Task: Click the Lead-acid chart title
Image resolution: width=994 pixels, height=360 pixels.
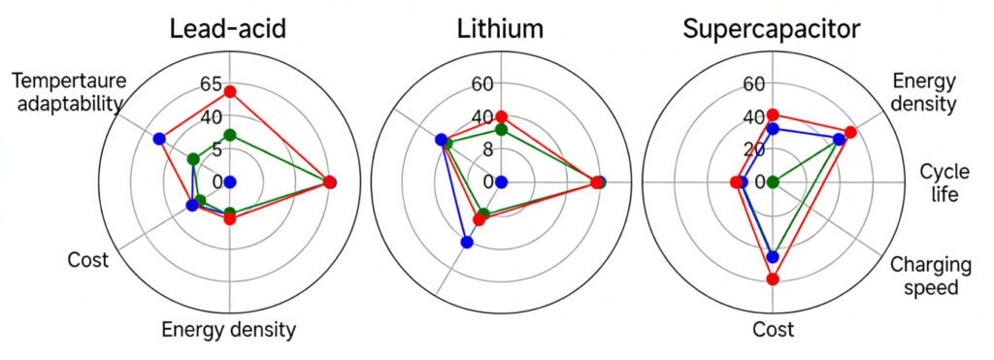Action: [228, 29]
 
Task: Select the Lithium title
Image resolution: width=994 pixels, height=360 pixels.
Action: [500, 29]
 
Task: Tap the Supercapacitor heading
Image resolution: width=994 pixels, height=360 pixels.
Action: [772, 29]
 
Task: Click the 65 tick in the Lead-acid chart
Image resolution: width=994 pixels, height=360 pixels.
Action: [211, 84]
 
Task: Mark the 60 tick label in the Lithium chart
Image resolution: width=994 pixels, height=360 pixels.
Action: [482, 84]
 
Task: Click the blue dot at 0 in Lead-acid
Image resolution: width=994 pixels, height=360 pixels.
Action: [230, 181]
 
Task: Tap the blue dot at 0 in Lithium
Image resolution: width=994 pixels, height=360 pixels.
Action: [501, 181]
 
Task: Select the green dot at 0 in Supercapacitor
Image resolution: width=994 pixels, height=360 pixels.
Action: [773, 181]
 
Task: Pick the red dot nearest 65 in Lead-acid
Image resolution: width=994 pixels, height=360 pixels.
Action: [230, 92]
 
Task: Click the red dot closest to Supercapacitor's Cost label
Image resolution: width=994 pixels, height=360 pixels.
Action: [773, 279]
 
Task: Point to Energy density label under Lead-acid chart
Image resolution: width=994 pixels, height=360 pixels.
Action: [228, 330]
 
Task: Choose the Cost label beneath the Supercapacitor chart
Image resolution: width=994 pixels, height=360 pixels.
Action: [773, 330]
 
